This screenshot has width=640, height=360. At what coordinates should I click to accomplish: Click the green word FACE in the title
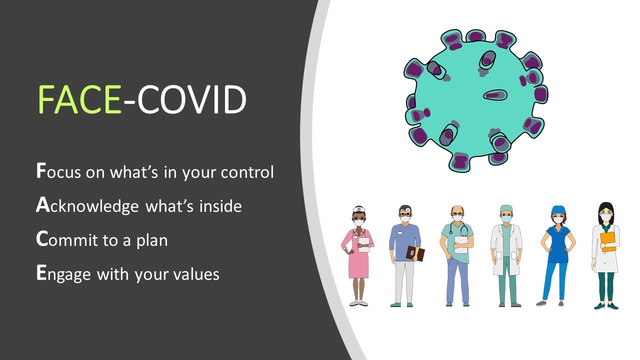[x=79, y=99]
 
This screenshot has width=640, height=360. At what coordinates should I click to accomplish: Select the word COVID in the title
[x=191, y=99]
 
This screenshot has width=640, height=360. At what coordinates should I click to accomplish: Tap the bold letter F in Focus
[x=41, y=170]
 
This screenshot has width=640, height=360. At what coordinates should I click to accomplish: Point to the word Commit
[x=67, y=239]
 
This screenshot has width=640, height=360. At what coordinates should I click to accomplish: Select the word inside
[x=220, y=205]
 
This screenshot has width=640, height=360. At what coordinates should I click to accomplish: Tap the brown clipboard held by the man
[x=415, y=253]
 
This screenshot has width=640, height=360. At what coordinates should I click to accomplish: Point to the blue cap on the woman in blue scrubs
[x=558, y=210]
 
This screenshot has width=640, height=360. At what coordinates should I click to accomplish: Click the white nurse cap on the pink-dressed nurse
[x=359, y=209]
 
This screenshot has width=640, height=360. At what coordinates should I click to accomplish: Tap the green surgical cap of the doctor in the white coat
[x=506, y=208]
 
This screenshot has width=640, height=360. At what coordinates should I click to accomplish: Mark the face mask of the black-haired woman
[x=605, y=217]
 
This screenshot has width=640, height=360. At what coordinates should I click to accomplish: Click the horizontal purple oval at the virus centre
[x=495, y=95]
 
